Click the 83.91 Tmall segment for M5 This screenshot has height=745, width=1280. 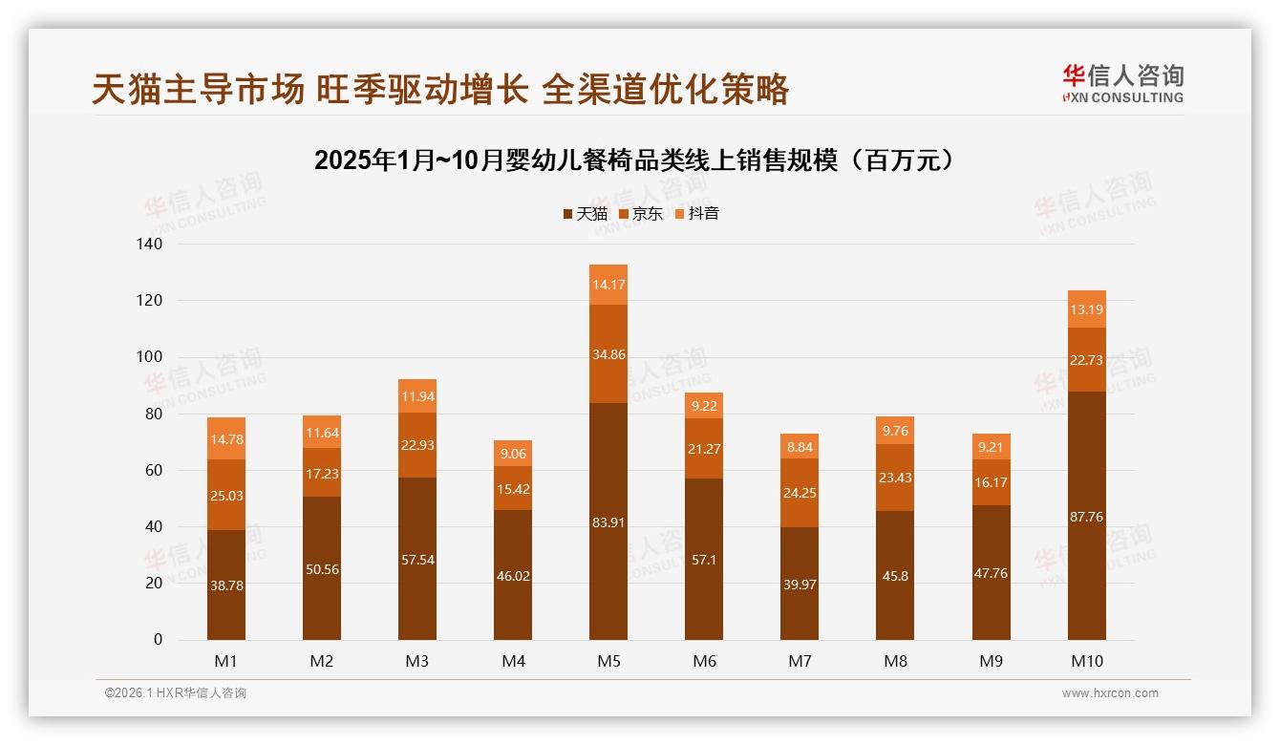(608, 521)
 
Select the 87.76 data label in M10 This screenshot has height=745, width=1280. (1086, 517)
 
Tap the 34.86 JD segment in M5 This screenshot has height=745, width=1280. (608, 354)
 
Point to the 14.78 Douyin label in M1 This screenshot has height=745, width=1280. (225, 439)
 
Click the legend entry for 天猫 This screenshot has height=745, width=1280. (585, 214)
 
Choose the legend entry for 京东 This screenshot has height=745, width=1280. (641, 214)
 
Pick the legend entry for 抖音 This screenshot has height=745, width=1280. (697, 214)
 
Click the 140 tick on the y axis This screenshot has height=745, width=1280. (152, 245)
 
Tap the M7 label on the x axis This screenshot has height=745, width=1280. (800, 661)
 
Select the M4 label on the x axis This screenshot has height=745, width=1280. (513, 661)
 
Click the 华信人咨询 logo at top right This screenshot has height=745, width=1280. (1122, 83)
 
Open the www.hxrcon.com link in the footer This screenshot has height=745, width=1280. (1110, 693)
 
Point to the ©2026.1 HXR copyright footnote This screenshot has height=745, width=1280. (176, 693)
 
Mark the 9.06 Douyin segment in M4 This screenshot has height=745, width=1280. (513, 454)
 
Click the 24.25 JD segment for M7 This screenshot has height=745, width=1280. (800, 493)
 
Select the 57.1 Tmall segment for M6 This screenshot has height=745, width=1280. (704, 560)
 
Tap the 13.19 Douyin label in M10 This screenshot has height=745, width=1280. (1086, 309)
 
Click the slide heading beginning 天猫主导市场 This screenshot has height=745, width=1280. (440, 89)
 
